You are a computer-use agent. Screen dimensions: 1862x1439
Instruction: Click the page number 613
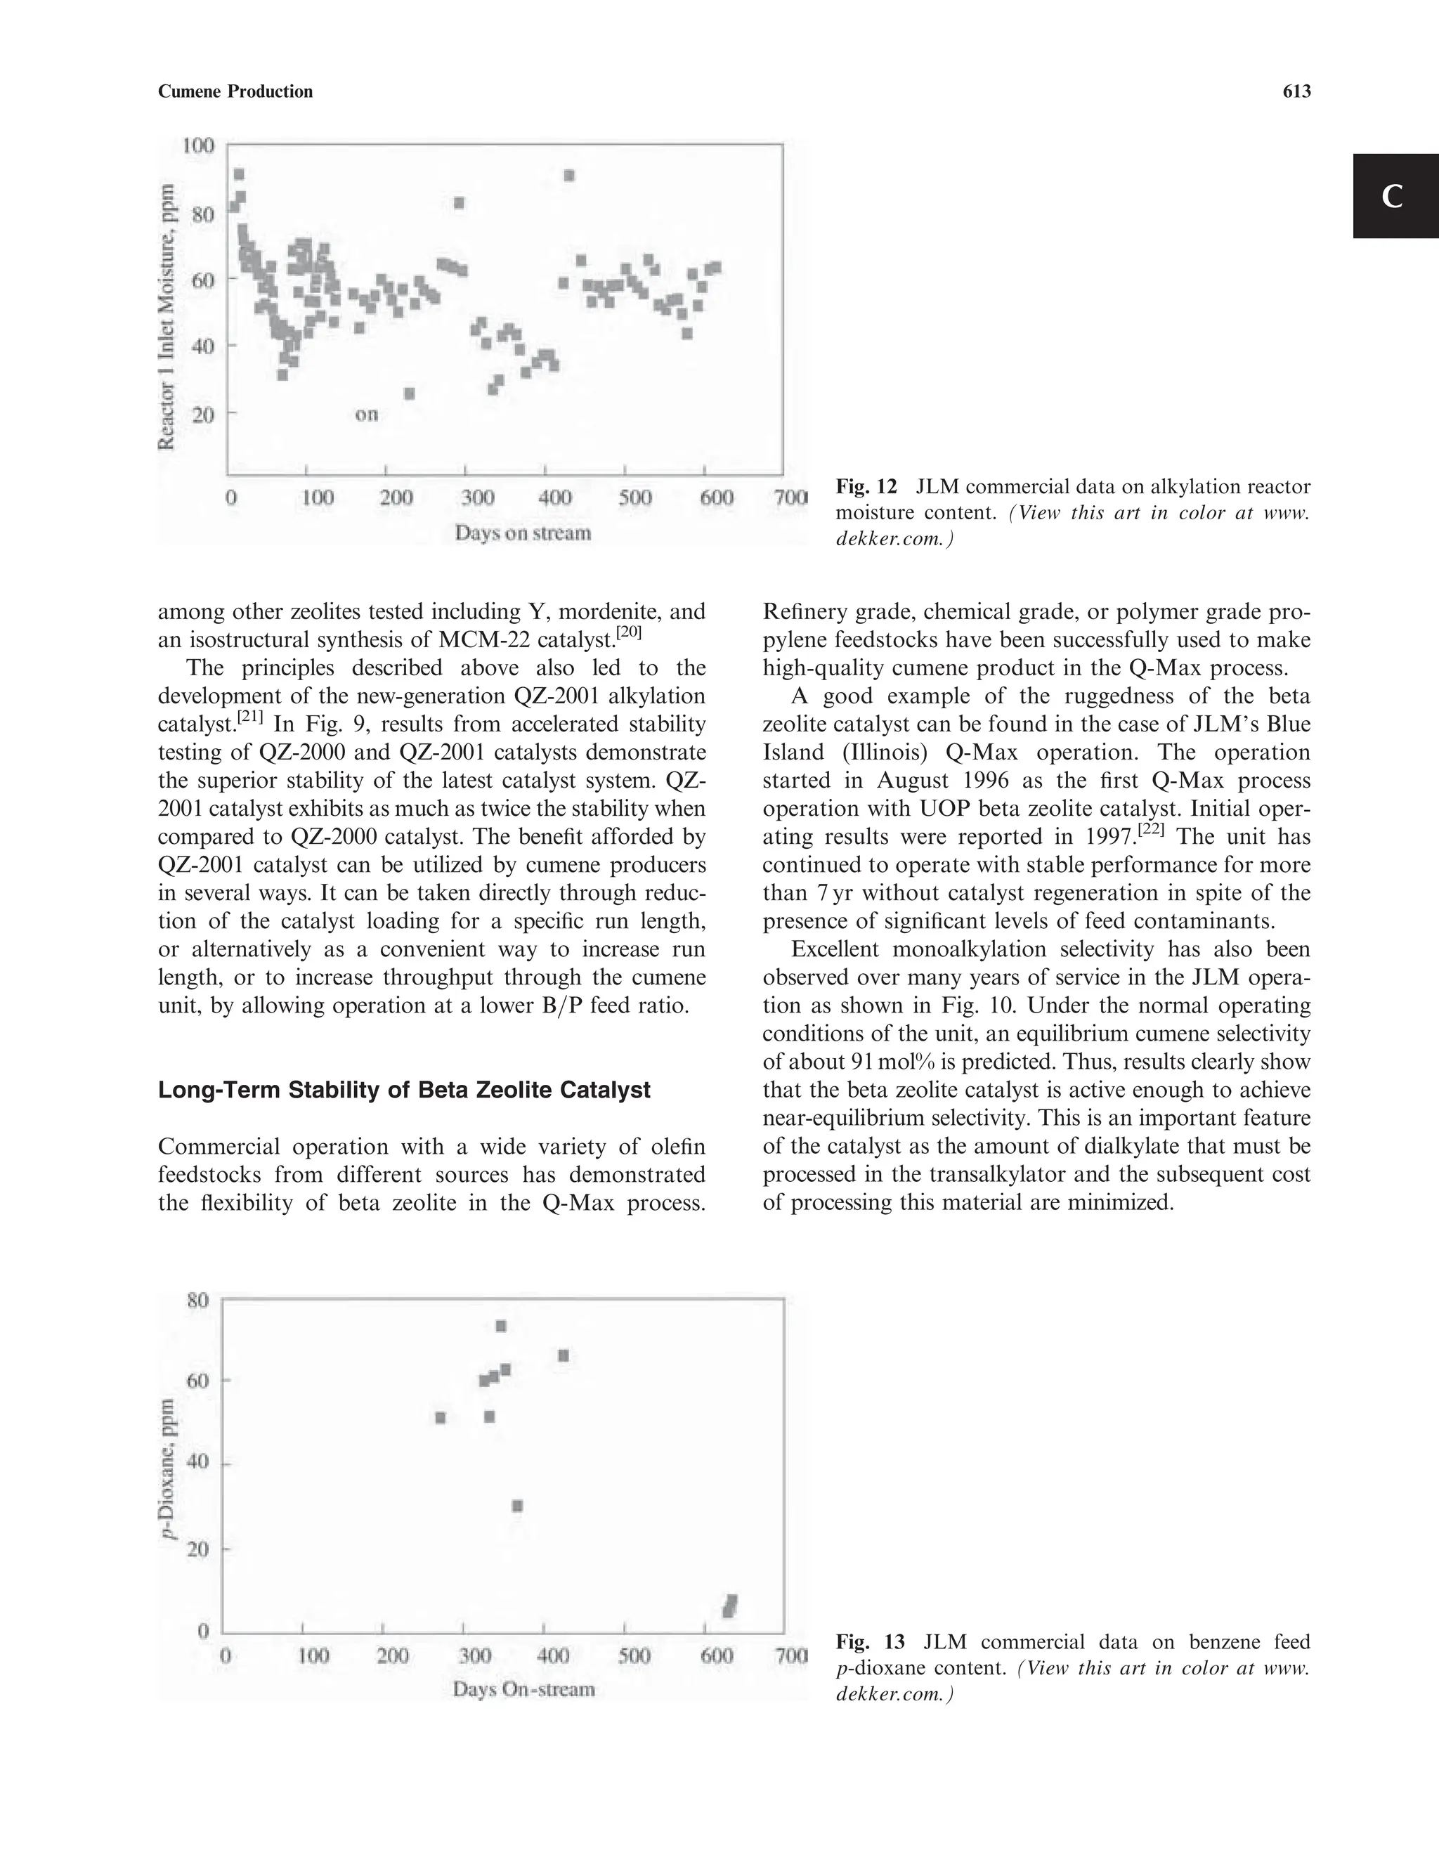point(1296,92)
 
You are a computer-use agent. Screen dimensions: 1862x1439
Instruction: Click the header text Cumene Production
point(235,92)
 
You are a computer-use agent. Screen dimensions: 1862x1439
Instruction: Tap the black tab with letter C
point(1395,196)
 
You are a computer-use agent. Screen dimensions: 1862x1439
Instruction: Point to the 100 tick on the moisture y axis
point(197,145)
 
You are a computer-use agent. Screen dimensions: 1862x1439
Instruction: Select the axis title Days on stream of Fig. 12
point(522,534)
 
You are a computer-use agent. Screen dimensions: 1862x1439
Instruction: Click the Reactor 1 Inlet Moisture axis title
point(168,315)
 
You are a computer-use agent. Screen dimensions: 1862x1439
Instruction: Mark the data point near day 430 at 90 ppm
point(568,176)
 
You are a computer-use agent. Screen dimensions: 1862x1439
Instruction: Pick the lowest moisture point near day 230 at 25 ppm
point(409,394)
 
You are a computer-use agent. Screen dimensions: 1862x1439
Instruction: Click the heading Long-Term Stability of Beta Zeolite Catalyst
point(404,1090)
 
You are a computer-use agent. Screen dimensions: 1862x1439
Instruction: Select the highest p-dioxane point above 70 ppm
point(501,1326)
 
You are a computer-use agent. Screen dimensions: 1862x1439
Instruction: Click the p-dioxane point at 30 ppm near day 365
point(516,1506)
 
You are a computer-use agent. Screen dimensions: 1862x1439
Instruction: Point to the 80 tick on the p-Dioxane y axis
point(197,1300)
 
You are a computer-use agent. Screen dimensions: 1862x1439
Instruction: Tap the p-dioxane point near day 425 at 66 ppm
point(564,1355)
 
